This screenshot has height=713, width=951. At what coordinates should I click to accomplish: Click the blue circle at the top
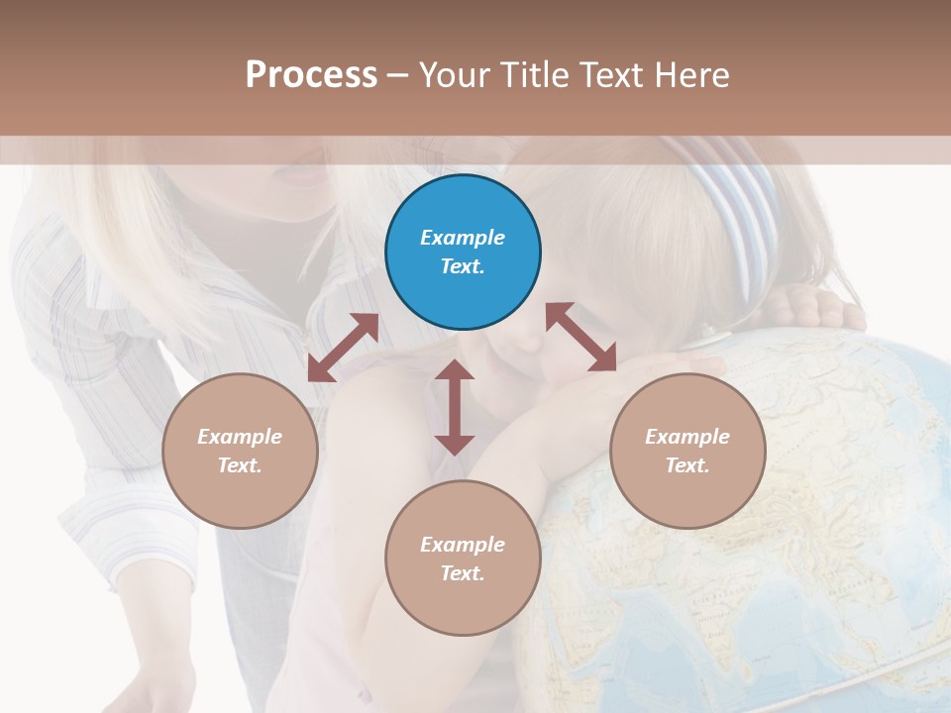pyautogui.click(x=463, y=253)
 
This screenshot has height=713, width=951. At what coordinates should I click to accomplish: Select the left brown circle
pyautogui.click(x=240, y=451)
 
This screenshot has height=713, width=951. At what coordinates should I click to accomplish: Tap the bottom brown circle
pyautogui.click(x=463, y=559)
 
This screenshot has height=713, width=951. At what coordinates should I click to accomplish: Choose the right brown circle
pyautogui.click(x=687, y=451)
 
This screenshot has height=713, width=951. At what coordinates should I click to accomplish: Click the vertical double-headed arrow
pyautogui.click(x=455, y=407)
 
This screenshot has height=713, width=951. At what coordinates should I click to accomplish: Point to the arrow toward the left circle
pyautogui.click(x=343, y=348)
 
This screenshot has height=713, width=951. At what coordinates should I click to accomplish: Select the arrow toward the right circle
pyautogui.click(x=581, y=337)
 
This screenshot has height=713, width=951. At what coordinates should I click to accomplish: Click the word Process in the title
pyautogui.click(x=311, y=74)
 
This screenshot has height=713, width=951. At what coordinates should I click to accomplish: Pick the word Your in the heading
pyautogui.click(x=453, y=74)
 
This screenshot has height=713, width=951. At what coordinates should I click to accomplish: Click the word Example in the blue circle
pyautogui.click(x=463, y=238)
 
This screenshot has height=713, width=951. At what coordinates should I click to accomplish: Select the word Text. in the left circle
pyautogui.click(x=240, y=465)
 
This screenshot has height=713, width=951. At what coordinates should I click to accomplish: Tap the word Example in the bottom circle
pyautogui.click(x=463, y=544)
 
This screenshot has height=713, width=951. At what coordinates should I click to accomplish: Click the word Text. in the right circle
pyautogui.click(x=687, y=465)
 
